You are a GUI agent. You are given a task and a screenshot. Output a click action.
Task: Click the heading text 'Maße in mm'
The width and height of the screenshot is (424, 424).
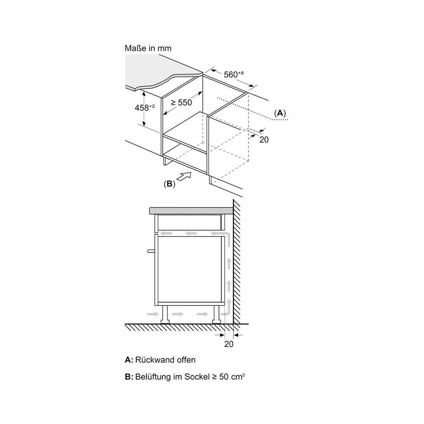pyautogui.click(x=148, y=48)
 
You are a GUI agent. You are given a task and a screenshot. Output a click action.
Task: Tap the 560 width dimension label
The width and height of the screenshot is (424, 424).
pyautogui.click(x=234, y=74)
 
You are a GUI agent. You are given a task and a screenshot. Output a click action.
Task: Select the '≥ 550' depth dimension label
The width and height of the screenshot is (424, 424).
pyautogui.click(x=181, y=103)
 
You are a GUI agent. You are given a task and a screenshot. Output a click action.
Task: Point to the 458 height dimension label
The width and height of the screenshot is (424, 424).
pyautogui.click(x=145, y=107)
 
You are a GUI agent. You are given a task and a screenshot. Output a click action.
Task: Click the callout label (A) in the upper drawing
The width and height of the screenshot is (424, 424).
pyautogui.click(x=280, y=113)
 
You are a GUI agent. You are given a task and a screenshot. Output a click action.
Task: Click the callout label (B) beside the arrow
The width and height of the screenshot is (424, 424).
pyautogui.click(x=170, y=184)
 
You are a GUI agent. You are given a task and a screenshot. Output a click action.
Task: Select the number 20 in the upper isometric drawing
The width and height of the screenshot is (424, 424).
pyautogui.click(x=264, y=139)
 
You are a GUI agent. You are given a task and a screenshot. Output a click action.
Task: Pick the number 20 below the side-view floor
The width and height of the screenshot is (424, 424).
pyautogui.click(x=229, y=344)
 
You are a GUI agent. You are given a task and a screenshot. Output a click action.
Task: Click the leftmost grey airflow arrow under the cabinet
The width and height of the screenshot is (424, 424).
pyautogui.click(x=153, y=314)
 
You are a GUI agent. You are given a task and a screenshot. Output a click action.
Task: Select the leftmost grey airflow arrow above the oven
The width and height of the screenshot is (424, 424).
pyautogui.click(x=166, y=233)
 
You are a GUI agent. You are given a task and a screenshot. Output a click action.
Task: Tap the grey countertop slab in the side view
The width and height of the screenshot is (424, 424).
pyautogui.click(x=191, y=211)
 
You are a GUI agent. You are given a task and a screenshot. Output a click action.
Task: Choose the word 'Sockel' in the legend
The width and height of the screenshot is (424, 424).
pyautogui.click(x=197, y=377)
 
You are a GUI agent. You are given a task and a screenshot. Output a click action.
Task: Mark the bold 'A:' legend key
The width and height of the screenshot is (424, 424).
pyautogui.click(x=129, y=360)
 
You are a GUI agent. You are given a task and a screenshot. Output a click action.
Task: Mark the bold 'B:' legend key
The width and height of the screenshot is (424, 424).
pyautogui.click(x=129, y=377)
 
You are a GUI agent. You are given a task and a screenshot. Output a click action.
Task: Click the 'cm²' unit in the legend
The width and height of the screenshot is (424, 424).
pyautogui.click(x=238, y=377)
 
